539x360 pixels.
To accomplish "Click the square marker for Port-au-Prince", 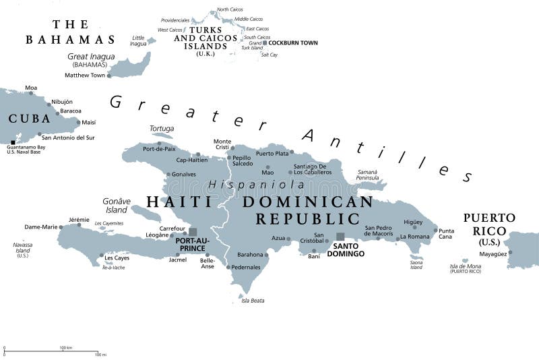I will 193,232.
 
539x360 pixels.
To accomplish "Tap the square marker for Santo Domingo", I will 340,237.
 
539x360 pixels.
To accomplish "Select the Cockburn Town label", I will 293,43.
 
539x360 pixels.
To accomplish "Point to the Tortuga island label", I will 162,128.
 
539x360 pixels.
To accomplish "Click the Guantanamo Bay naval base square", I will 13,142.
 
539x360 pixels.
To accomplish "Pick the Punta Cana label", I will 446,233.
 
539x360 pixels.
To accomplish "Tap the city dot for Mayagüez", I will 510,253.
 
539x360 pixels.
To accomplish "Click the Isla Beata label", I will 253,301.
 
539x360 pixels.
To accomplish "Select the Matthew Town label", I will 85,76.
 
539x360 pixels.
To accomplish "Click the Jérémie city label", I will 79,219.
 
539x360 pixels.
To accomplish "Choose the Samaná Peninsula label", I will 367,175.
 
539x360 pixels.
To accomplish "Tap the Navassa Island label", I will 22,250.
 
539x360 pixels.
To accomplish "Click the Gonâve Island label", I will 117,205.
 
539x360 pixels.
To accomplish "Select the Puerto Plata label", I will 272,154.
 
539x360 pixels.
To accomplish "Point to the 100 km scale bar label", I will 65,347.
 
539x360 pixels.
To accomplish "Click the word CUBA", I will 29,119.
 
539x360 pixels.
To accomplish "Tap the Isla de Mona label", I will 465,268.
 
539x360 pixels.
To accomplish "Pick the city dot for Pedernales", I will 228,267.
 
